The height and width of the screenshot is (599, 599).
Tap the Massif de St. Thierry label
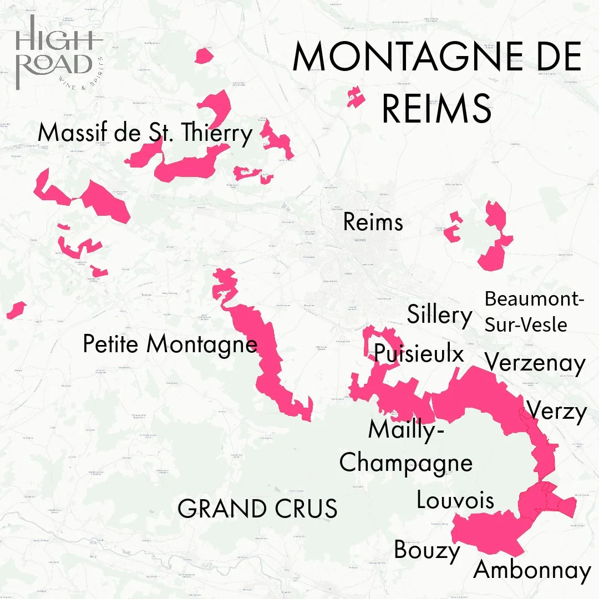tap(145, 134)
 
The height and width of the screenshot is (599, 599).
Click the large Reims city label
tap(373, 222)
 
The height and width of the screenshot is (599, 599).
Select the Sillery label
tap(439, 315)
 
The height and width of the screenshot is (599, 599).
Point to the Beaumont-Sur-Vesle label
tap(534, 311)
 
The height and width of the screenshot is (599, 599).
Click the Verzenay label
tap(535, 364)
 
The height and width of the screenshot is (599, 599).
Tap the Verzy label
tap(556, 412)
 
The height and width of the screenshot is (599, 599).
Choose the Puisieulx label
tap(419, 353)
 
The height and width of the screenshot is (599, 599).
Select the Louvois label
tap(455, 500)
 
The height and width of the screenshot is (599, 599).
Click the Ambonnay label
tap(532, 570)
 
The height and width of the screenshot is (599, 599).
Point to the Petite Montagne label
tap(170, 344)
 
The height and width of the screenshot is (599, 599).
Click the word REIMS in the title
tap(436, 109)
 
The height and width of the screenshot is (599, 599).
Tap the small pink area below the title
tap(353, 97)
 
